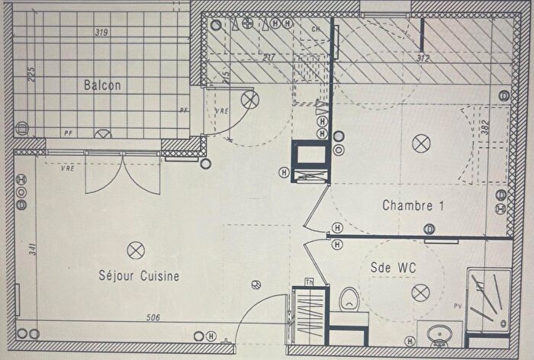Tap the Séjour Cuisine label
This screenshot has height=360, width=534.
138,276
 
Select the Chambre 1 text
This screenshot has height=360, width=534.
413,205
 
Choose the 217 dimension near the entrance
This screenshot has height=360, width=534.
268,57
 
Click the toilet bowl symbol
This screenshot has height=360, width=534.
349,296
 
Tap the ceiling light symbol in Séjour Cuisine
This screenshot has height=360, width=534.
136,249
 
